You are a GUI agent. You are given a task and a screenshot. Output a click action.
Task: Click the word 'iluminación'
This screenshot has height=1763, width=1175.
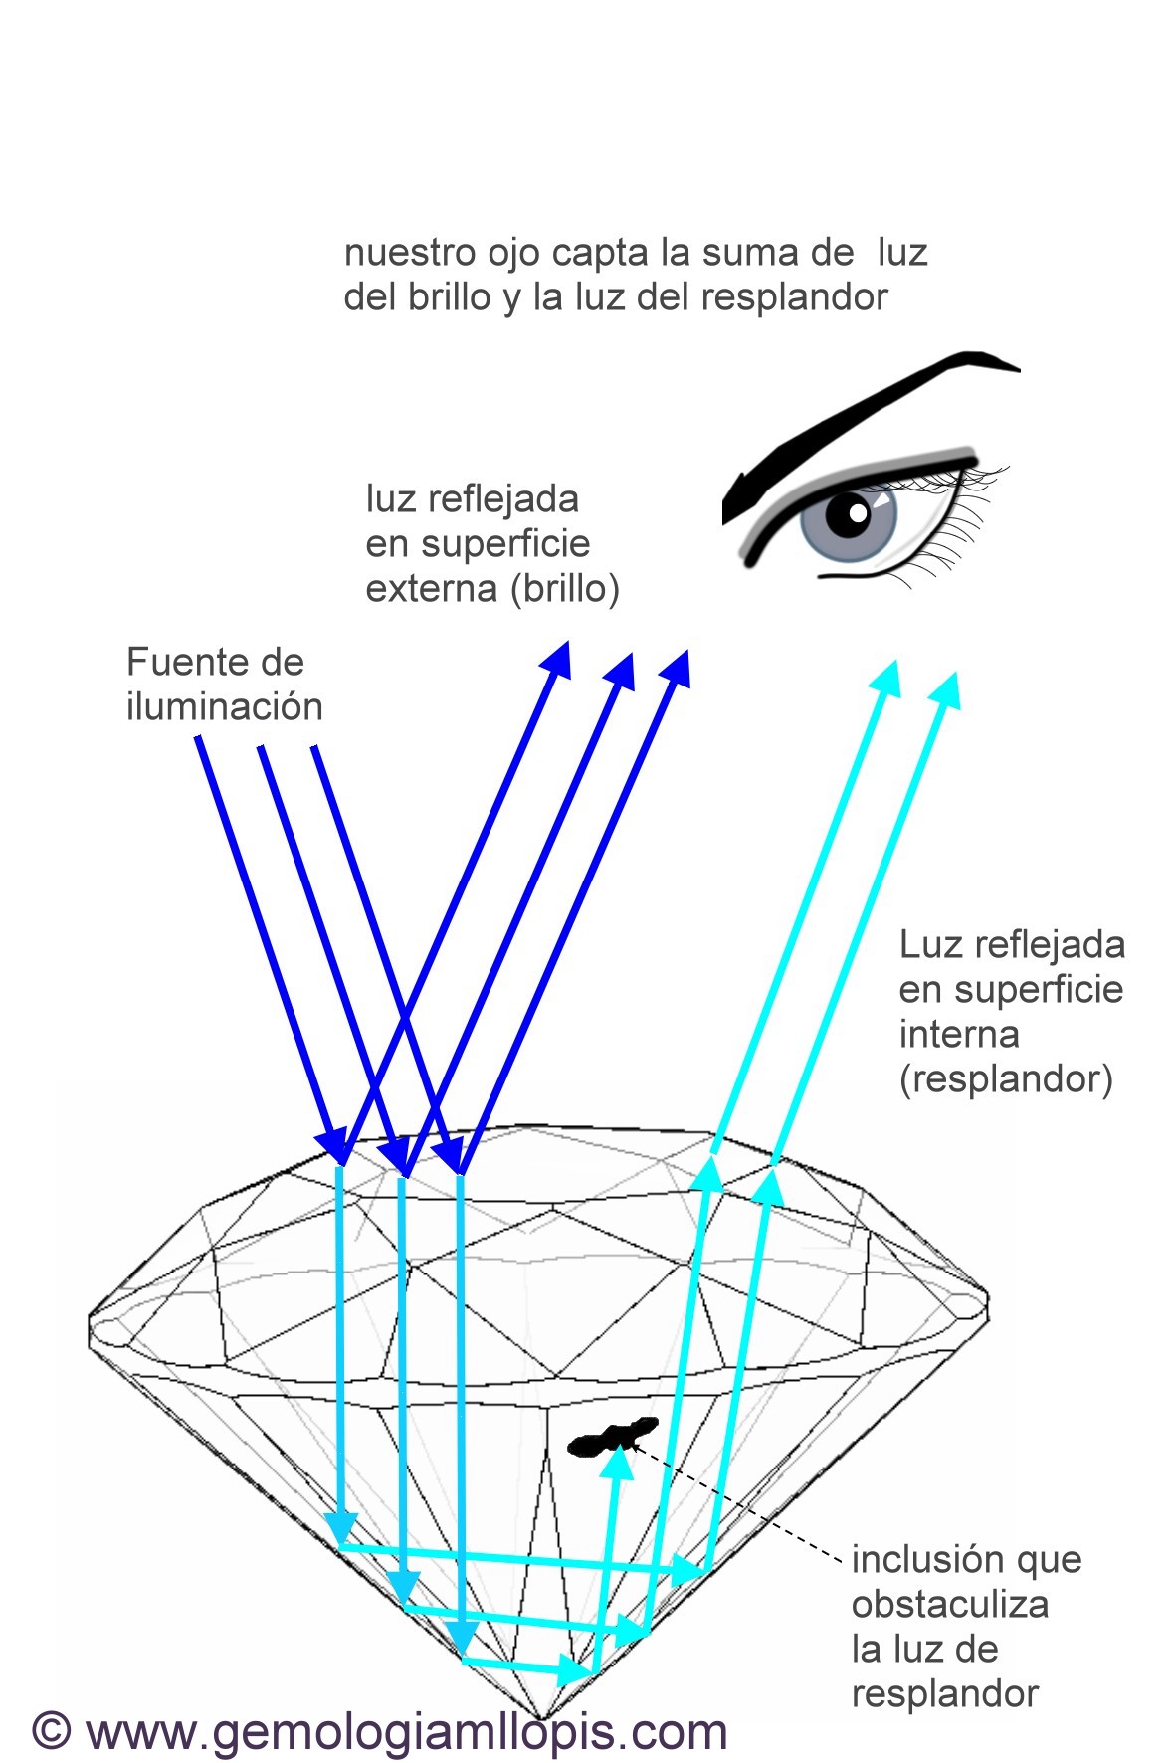tap(224, 707)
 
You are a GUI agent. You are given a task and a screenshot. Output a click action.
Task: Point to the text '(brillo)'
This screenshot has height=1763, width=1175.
tap(565, 589)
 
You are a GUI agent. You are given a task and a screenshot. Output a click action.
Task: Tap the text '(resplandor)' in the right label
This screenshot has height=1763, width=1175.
tap(1005, 1079)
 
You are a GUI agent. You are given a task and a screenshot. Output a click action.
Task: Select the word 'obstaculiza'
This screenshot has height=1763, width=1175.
tap(949, 1604)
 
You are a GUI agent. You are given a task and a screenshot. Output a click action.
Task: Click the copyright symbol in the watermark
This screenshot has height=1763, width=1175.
tap(52, 1730)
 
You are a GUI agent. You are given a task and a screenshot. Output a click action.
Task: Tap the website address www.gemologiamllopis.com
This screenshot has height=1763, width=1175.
tap(406, 1731)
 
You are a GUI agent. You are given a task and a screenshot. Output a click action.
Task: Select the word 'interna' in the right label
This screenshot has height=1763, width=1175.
tap(958, 1035)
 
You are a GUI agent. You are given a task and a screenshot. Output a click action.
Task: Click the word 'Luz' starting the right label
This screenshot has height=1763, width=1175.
tap(927, 945)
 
